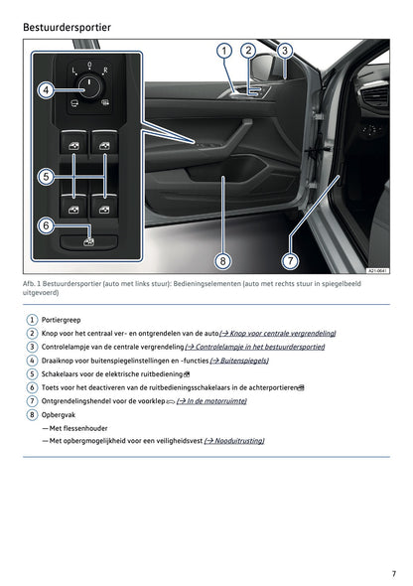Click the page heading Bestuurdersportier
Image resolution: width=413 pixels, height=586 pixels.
(67, 26)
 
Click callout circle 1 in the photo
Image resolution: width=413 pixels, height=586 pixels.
(224, 51)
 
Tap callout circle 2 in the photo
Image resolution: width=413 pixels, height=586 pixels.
(248, 51)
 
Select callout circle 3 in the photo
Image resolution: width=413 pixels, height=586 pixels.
(284, 51)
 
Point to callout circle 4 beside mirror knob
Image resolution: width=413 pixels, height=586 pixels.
(46, 90)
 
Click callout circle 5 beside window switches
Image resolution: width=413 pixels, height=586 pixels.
(46, 177)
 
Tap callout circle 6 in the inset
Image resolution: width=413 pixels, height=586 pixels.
(46, 225)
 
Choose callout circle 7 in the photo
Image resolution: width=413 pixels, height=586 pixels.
(290, 261)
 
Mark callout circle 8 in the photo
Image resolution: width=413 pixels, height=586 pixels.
(222, 261)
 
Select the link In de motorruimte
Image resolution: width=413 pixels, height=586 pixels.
(211, 400)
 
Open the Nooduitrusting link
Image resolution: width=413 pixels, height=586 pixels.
(234, 440)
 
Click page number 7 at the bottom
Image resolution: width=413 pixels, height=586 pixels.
(393, 573)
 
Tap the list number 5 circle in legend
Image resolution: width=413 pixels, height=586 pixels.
(32, 373)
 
